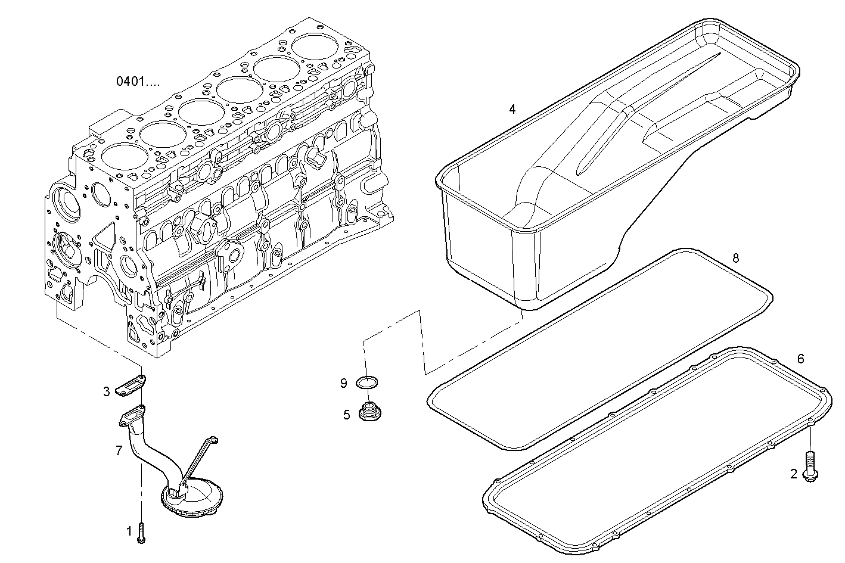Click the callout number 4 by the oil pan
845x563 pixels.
tap(512, 109)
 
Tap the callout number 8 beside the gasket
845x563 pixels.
tap(735, 258)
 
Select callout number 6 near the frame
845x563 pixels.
tap(800, 359)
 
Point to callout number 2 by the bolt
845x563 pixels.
tap(793, 474)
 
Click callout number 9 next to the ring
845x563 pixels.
tap(344, 384)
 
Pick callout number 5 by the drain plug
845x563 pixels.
tap(346, 415)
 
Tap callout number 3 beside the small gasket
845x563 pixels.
tap(107, 391)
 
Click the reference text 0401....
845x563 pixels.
tap(138, 82)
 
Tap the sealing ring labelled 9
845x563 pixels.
tap(368, 382)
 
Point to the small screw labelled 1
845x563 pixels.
tap(141, 531)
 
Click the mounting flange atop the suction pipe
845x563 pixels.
tap(133, 414)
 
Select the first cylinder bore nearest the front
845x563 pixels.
tap(124, 157)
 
